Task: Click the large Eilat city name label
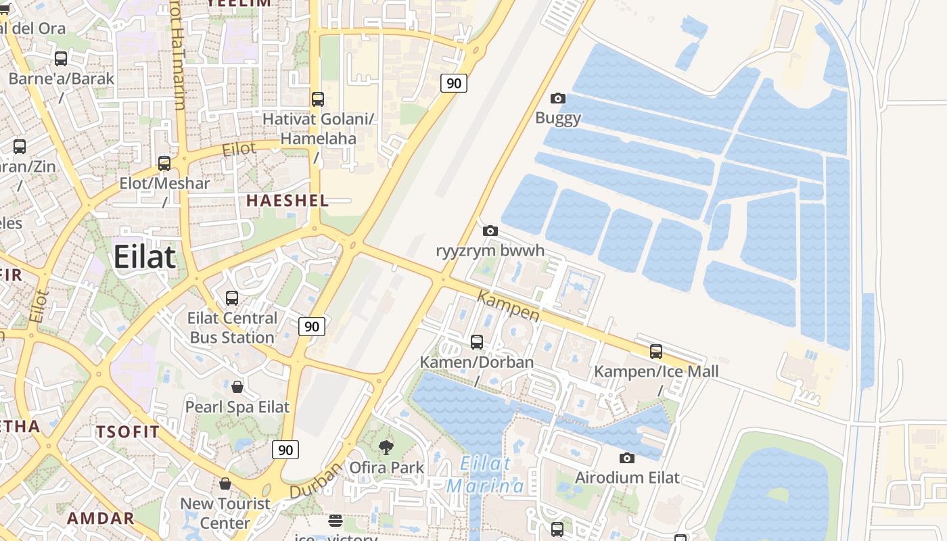point(145,258)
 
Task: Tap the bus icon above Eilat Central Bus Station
point(232,298)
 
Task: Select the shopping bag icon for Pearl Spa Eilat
point(237,387)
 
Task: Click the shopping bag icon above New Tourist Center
point(225,484)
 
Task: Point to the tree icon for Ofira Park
point(386,447)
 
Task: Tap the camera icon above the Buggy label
point(558,99)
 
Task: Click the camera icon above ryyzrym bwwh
point(490,231)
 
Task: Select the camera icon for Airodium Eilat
point(627,458)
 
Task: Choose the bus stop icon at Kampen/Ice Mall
point(655,352)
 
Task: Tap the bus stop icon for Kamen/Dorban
point(477,342)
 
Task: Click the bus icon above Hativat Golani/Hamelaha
point(318,99)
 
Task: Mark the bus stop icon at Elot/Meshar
point(164,164)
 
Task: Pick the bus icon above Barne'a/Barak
point(61,59)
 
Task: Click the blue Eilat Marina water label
point(485,475)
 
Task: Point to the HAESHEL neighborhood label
point(287,200)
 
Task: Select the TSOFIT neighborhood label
point(128,432)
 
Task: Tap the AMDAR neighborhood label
point(101,519)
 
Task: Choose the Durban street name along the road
point(316,481)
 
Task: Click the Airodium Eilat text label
point(627,477)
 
